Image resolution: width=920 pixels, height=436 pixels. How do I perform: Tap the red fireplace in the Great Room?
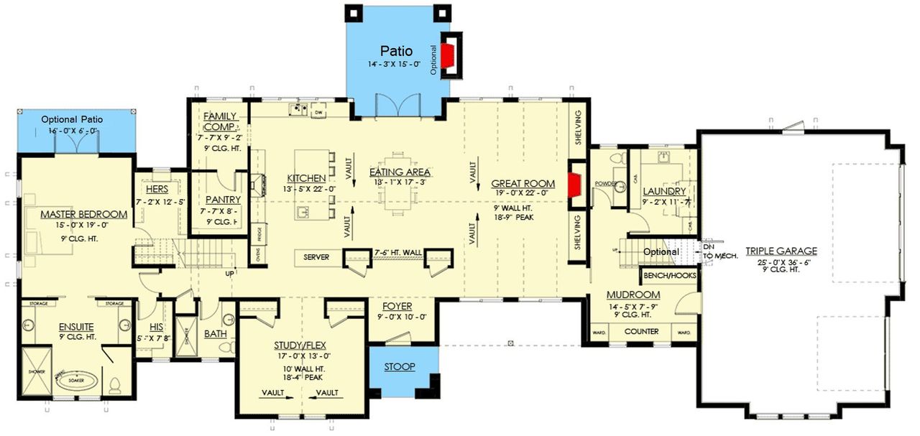574,184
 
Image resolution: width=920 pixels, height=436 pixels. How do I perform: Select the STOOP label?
399,367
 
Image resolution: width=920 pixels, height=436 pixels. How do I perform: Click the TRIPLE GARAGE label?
781,251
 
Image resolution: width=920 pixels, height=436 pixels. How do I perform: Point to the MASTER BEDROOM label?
83,214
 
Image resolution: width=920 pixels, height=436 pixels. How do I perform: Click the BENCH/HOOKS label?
668,274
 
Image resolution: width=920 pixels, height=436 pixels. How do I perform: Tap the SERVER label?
316,257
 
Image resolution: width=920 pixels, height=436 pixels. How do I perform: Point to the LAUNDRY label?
664,191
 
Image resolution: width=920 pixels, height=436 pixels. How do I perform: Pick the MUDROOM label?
633,294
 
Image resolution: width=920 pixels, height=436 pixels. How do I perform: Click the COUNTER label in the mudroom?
641,332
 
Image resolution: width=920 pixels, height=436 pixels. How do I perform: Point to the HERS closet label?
156,189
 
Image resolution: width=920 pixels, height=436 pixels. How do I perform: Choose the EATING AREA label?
400,172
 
